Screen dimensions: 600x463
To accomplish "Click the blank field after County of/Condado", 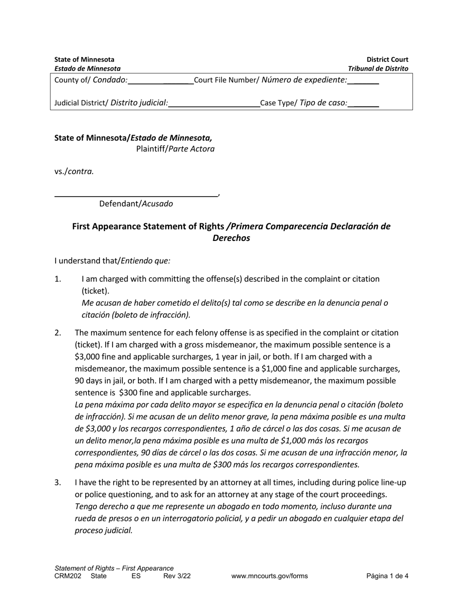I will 160,81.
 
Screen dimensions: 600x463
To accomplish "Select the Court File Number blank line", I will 363,81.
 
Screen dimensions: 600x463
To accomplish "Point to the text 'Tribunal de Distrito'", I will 378,69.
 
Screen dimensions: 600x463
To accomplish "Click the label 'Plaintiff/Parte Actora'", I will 175,149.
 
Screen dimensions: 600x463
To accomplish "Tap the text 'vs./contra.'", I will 74,171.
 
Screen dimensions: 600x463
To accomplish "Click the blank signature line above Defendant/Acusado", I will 136,194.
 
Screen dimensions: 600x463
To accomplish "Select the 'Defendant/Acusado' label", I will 136,204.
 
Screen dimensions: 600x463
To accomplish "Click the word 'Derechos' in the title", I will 231,238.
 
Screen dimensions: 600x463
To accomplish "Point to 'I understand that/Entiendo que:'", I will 112,261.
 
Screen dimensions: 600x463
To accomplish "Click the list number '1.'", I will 58,279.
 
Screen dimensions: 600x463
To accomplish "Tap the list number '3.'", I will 58,482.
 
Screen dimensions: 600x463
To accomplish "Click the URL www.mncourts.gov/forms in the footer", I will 270,576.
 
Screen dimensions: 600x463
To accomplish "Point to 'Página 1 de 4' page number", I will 387,576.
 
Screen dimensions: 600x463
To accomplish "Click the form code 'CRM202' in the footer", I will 68,576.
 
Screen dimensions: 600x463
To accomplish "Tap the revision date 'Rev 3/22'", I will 177,576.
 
